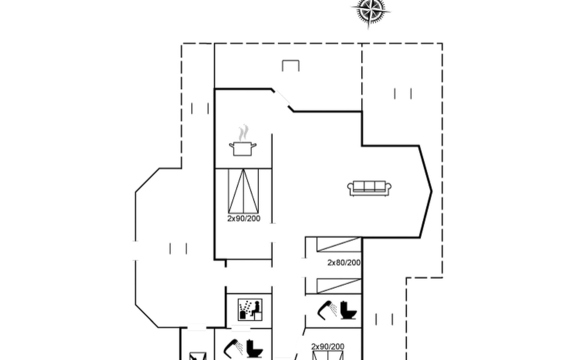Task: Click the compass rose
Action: (371, 11)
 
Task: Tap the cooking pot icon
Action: (243, 148)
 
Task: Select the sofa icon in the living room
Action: (369, 188)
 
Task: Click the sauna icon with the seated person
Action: (250, 309)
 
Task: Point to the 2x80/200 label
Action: (344, 263)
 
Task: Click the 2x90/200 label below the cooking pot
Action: (244, 218)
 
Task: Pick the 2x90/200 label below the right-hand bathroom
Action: (328, 346)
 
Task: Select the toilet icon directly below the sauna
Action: (254, 349)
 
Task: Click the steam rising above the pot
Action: (244, 133)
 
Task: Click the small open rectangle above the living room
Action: (290, 65)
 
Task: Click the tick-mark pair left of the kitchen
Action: (200, 108)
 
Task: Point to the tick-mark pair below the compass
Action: (403, 94)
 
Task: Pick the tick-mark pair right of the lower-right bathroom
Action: (384, 319)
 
